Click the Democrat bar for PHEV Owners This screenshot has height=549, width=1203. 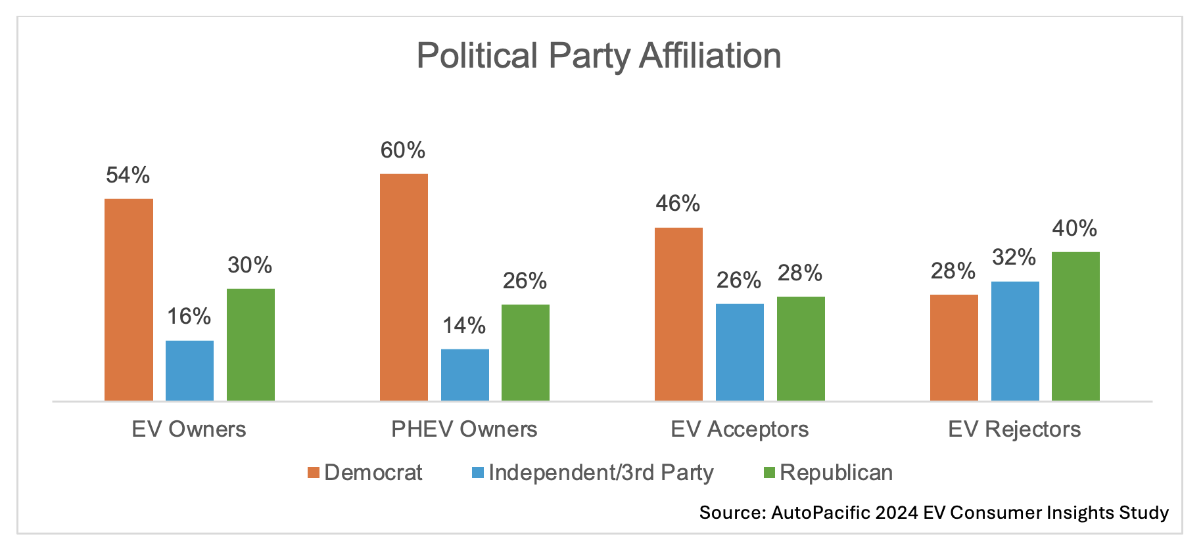tap(404, 287)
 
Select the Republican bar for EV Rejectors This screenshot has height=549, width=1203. tap(1075, 326)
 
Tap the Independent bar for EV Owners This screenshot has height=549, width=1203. tap(189, 370)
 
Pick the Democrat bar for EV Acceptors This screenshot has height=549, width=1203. tap(678, 314)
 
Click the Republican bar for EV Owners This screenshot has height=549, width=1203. tap(250, 345)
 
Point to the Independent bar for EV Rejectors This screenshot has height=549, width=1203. tap(1015, 341)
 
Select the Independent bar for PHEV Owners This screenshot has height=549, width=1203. tap(465, 374)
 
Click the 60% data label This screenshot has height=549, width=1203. tap(403, 150)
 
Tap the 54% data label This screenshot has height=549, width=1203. tap(128, 175)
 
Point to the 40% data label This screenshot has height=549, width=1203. tap(1075, 229)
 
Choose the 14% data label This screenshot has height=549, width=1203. tap(464, 326)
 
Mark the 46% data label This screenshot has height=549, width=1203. tap(678, 204)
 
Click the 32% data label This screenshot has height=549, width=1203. tap(1014, 257)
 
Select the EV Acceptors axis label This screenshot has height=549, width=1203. tap(740, 429)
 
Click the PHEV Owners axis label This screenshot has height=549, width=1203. tap(464, 429)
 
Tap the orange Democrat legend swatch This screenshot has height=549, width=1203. tap(314, 473)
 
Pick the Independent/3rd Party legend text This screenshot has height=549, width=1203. tap(601, 473)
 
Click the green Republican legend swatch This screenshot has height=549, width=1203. tap(769, 473)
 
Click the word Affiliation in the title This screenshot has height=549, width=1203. tap(711, 56)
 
